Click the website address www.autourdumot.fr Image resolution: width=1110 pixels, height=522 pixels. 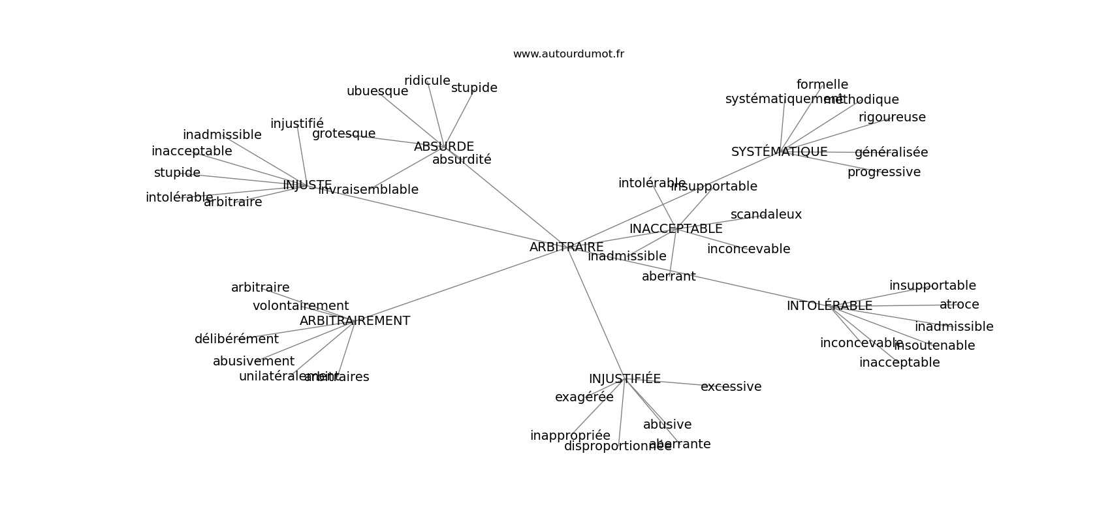[x=568, y=54]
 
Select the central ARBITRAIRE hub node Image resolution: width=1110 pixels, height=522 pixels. [x=566, y=247]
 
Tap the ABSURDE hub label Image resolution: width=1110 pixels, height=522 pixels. [x=444, y=147]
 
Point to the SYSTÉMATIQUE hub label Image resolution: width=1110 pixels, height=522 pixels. [x=779, y=152]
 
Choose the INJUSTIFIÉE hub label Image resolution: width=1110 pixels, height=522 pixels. [x=624, y=379]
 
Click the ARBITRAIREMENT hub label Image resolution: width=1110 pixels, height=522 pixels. [x=355, y=321]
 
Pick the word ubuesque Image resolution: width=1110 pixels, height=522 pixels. [x=377, y=91]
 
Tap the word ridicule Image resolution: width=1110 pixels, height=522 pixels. [x=427, y=81]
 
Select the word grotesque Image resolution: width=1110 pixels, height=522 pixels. [x=343, y=134]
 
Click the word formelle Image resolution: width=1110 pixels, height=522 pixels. [x=822, y=85]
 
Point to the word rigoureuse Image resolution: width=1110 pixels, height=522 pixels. [x=892, y=117]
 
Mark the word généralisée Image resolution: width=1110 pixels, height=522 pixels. [x=891, y=153]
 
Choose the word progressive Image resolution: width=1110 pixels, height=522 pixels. [x=883, y=172]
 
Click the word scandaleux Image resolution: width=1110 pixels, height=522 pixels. [x=766, y=215]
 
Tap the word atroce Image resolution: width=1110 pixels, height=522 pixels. [x=959, y=305]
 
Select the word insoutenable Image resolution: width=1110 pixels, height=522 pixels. [x=934, y=346]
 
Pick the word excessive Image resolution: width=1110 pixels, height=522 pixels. [x=731, y=387]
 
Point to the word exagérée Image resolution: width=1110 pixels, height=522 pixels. [x=584, y=397]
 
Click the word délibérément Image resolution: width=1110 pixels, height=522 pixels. [x=236, y=339]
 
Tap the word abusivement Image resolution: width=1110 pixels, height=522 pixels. [x=253, y=361]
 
